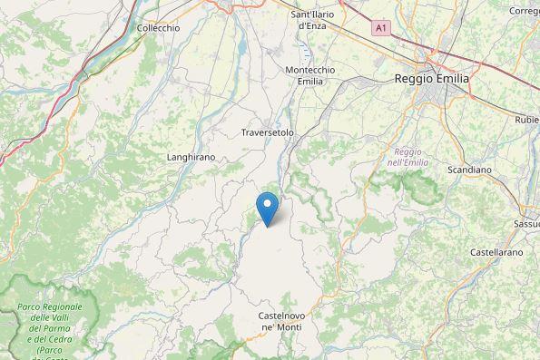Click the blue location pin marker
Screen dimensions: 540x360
268,208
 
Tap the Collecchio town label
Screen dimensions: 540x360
158,28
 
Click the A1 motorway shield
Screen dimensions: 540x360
381,29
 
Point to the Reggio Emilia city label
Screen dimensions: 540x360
432,79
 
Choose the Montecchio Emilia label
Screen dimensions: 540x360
310,75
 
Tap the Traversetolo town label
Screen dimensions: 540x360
268,132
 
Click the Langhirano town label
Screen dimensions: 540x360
191,157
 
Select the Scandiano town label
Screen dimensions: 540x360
469,170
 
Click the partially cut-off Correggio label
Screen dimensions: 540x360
525,11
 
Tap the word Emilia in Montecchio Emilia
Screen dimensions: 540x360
310,82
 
